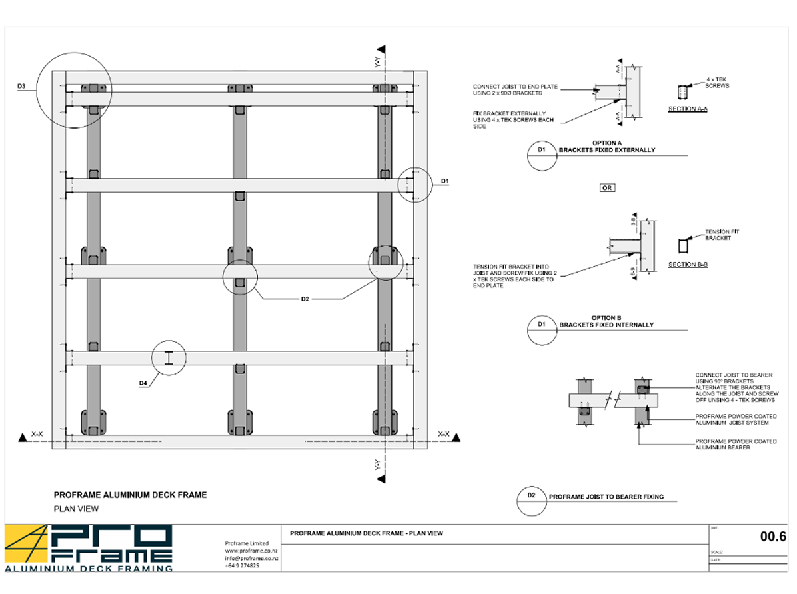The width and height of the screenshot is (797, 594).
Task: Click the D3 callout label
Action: pyautogui.click(x=21, y=87)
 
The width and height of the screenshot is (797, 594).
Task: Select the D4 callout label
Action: pyautogui.click(x=143, y=383)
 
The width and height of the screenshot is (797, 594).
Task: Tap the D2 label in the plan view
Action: pyautogui.click(x=305, y=299)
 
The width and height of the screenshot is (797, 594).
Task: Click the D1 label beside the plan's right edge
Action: pyautogui.click(x=444, y=181)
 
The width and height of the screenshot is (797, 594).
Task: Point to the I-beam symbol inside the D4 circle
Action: pyautogui.click(x=169, y=358)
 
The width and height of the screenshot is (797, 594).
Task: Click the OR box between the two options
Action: pyautogui.click(x=606, y=188)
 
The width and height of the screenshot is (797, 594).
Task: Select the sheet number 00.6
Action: pyautogui.click(x=773, y=536)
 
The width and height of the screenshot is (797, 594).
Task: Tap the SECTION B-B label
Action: pyautogui.click(x=688, y=265)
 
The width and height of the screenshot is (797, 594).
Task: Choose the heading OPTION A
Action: pyautogui.click(x=607, y=143)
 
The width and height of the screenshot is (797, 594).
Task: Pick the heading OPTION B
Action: pyautogui.click(x=606, y=318)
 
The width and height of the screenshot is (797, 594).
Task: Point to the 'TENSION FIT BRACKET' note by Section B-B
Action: pyautogui.click(x=722, y=235)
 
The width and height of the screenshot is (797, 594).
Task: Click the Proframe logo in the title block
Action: pyautogui.click(x=89, y=548)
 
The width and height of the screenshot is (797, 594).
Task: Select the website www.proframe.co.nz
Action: pyautogui.click(x=251, y=551)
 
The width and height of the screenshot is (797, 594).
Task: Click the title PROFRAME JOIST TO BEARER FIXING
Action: pyautogui.click(x=606, y=497)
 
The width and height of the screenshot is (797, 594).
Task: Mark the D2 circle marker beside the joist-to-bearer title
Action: pyautogui.click(x=531, y=502)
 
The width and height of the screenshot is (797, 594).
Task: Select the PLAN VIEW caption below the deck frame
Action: pyautogui.click(x=76, y=509)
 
